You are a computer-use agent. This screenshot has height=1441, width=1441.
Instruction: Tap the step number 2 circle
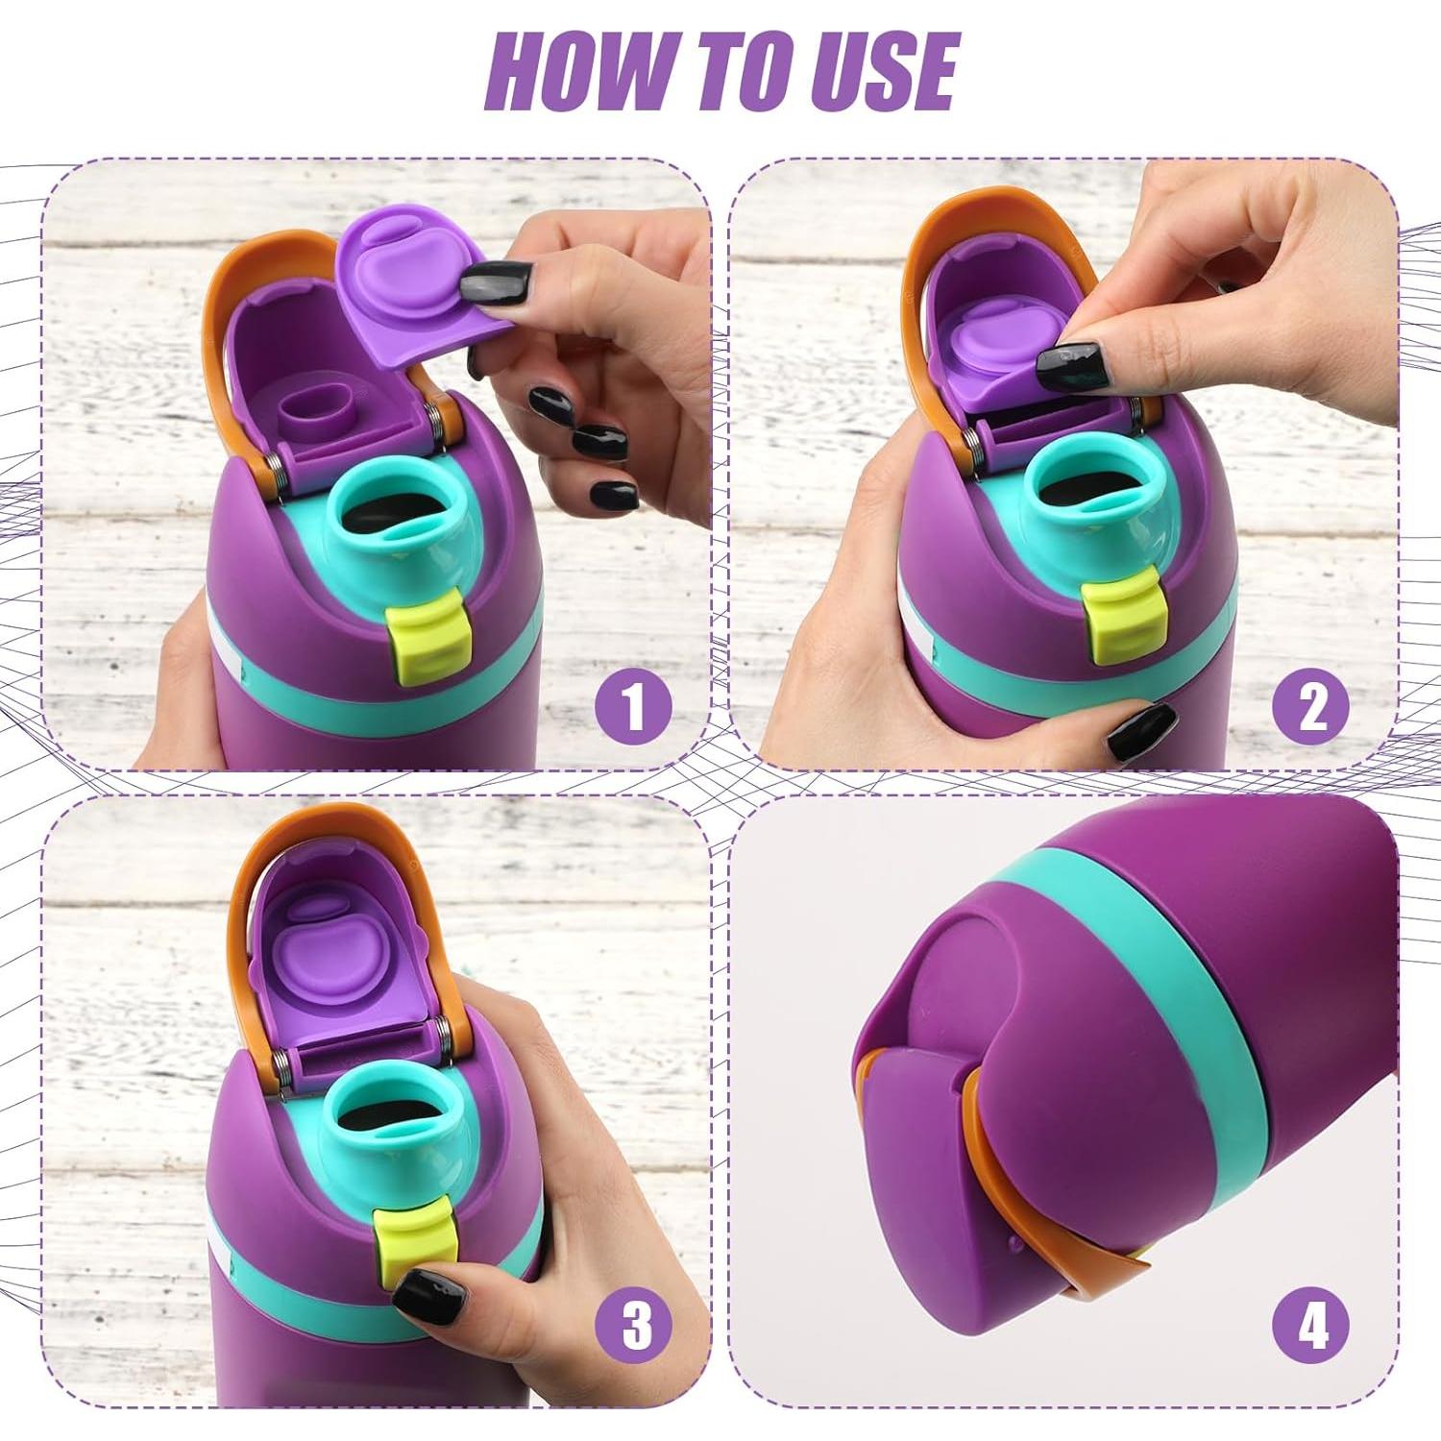click(1311, 706)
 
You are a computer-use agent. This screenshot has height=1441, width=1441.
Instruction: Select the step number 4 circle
click(1311, 1327)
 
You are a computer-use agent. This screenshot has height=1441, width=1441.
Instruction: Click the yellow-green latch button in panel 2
click(1123, 615)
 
